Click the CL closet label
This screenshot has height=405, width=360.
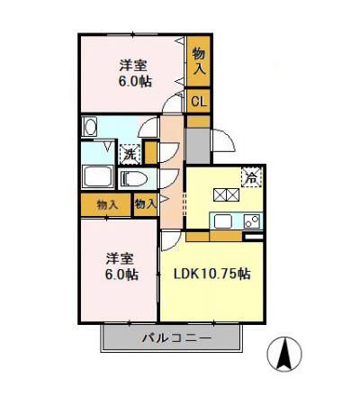coord(198,102)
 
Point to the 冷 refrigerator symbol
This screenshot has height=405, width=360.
coord(253,176)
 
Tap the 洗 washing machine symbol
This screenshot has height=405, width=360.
coord(130,153)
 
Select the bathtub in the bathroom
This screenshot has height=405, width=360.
coord(98,177)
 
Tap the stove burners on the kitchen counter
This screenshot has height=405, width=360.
coord(252,221)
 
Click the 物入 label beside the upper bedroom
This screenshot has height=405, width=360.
coord(198,60)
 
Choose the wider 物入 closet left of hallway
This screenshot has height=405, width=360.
coord(106,205)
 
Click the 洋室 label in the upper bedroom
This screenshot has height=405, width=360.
coord(133,65)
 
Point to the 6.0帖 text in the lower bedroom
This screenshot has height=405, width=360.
coord(120,274)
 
